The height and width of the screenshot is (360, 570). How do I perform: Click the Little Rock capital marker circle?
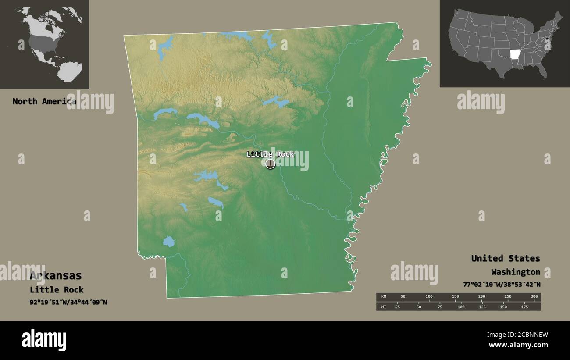pos(271,164)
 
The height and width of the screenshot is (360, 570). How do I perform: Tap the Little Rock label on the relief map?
pos(270,154)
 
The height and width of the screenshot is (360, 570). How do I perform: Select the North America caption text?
pos(44,101)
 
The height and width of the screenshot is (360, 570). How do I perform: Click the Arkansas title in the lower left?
pos(56,276)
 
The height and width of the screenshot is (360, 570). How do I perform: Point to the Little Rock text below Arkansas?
pos(57,289)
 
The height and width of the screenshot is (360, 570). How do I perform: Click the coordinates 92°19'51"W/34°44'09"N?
pos(68,302)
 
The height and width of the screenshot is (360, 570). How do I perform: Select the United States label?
pos(506,258)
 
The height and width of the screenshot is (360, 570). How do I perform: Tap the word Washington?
pos(516,272)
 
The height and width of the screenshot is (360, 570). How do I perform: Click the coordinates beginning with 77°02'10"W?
pos(502,284)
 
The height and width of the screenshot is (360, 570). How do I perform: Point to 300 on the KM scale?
pos(534,297)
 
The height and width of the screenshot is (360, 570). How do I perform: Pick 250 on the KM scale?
pos(508,297)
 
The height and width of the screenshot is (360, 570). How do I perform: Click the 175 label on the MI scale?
pos(524,307)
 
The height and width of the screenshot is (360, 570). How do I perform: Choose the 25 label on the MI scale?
pos(398,307)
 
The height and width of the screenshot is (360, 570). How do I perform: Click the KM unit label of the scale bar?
pos(384,297)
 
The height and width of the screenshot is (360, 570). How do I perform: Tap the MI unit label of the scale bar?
pos(384,307)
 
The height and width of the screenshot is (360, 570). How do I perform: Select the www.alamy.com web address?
pos(518,345)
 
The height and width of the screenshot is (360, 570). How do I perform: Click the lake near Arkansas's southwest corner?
pos(169,241)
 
